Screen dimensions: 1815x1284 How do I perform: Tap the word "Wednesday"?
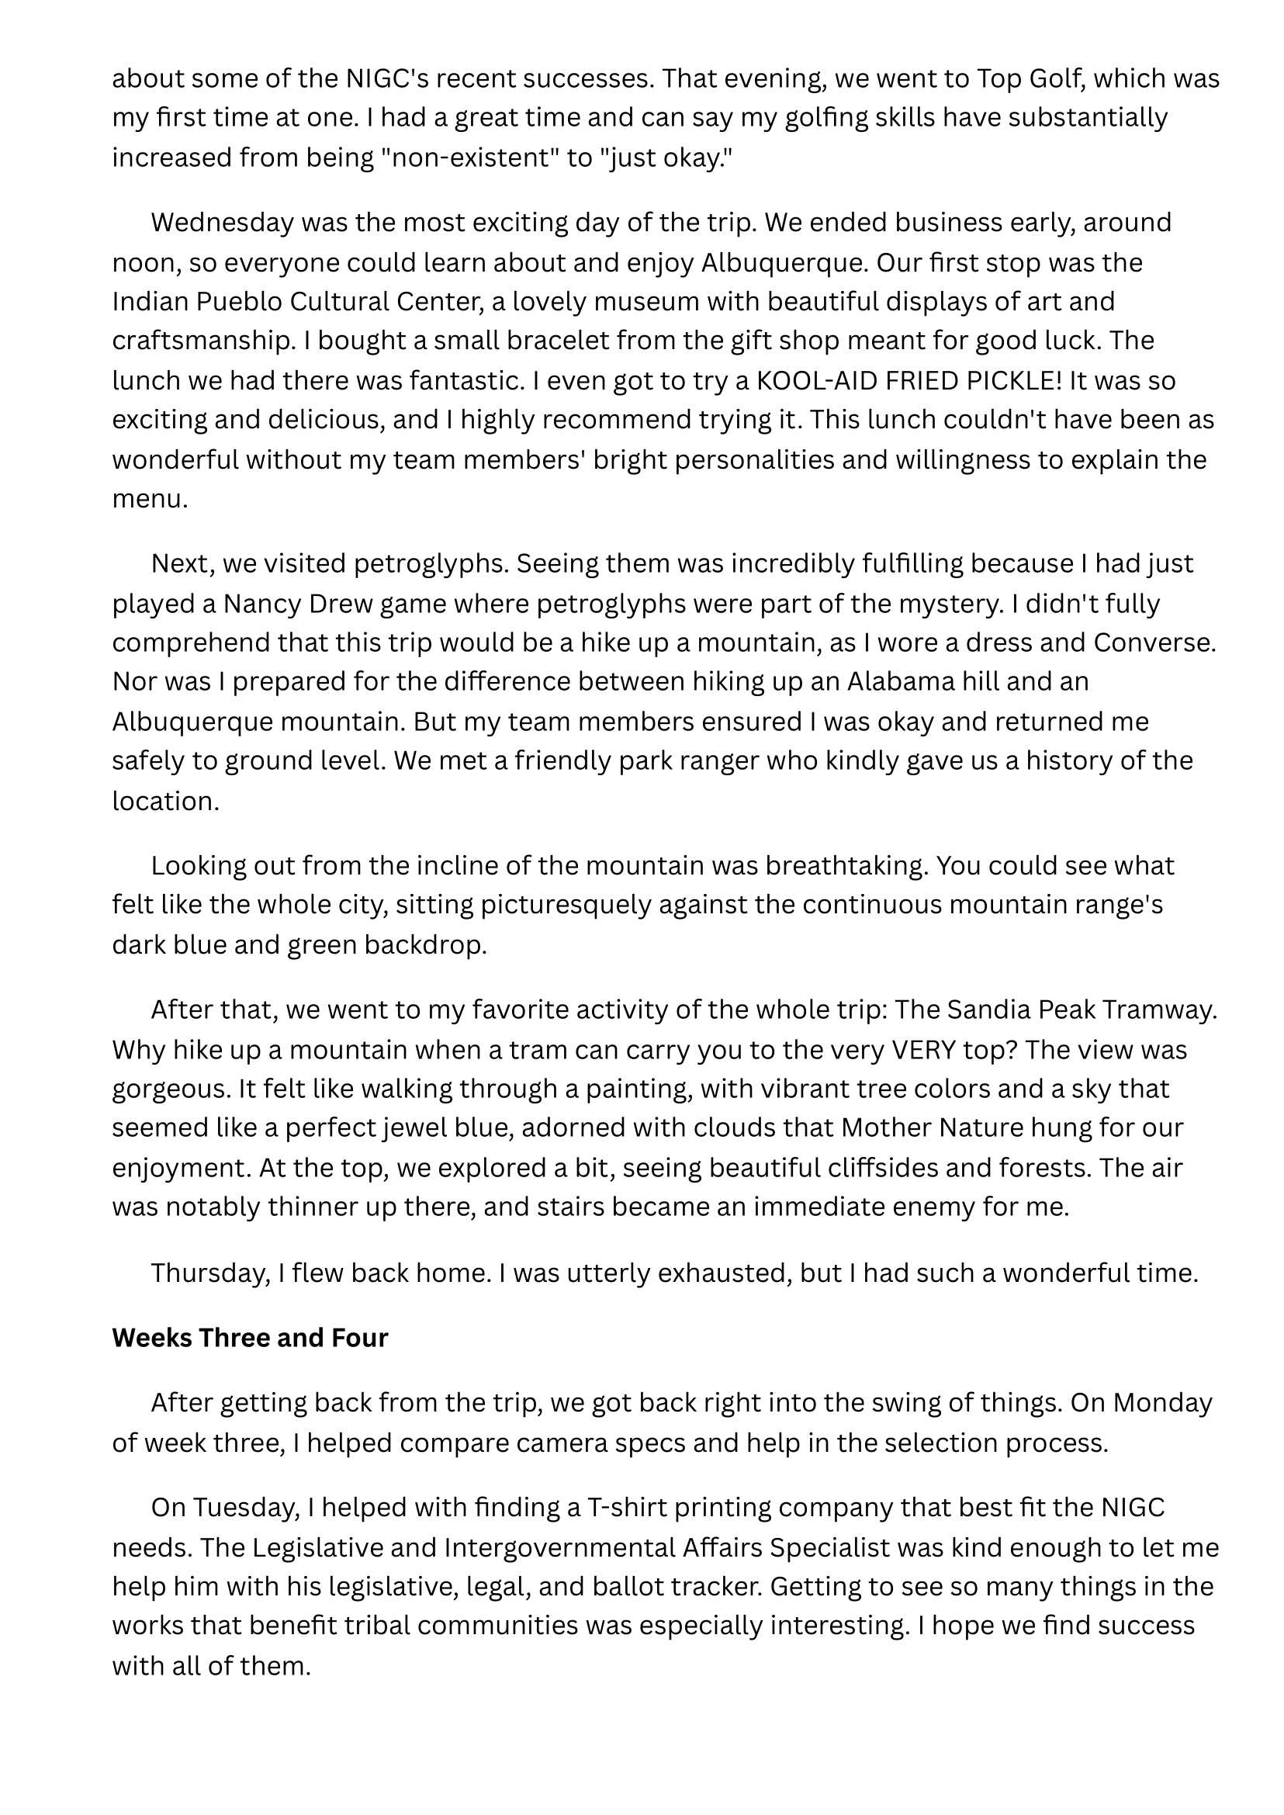tap(222, 222)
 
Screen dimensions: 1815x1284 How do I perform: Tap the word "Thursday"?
tap(209, 1273)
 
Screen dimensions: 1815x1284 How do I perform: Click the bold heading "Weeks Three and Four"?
tap(250, 1337)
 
